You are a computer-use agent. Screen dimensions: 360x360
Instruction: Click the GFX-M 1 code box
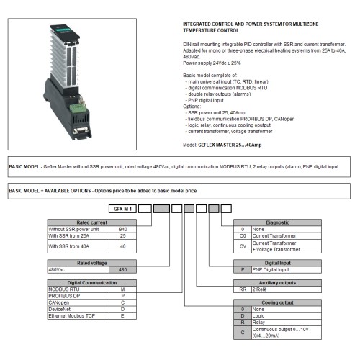click(122, 207)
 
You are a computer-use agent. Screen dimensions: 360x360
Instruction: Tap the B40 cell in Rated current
click(122, 229)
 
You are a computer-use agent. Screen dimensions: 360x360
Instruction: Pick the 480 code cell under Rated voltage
click(122, 269)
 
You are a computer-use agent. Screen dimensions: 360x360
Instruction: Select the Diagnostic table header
click(277, 222)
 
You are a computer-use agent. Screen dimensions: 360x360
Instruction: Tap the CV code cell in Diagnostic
click(243, 246)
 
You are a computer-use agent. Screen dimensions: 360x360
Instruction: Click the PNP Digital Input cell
click(287, 269)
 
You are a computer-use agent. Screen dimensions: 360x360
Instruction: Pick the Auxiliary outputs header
click(277, 282)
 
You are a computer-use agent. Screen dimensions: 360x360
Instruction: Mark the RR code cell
click(243, 289)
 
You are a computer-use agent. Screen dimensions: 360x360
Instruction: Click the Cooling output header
click(277, 302)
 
